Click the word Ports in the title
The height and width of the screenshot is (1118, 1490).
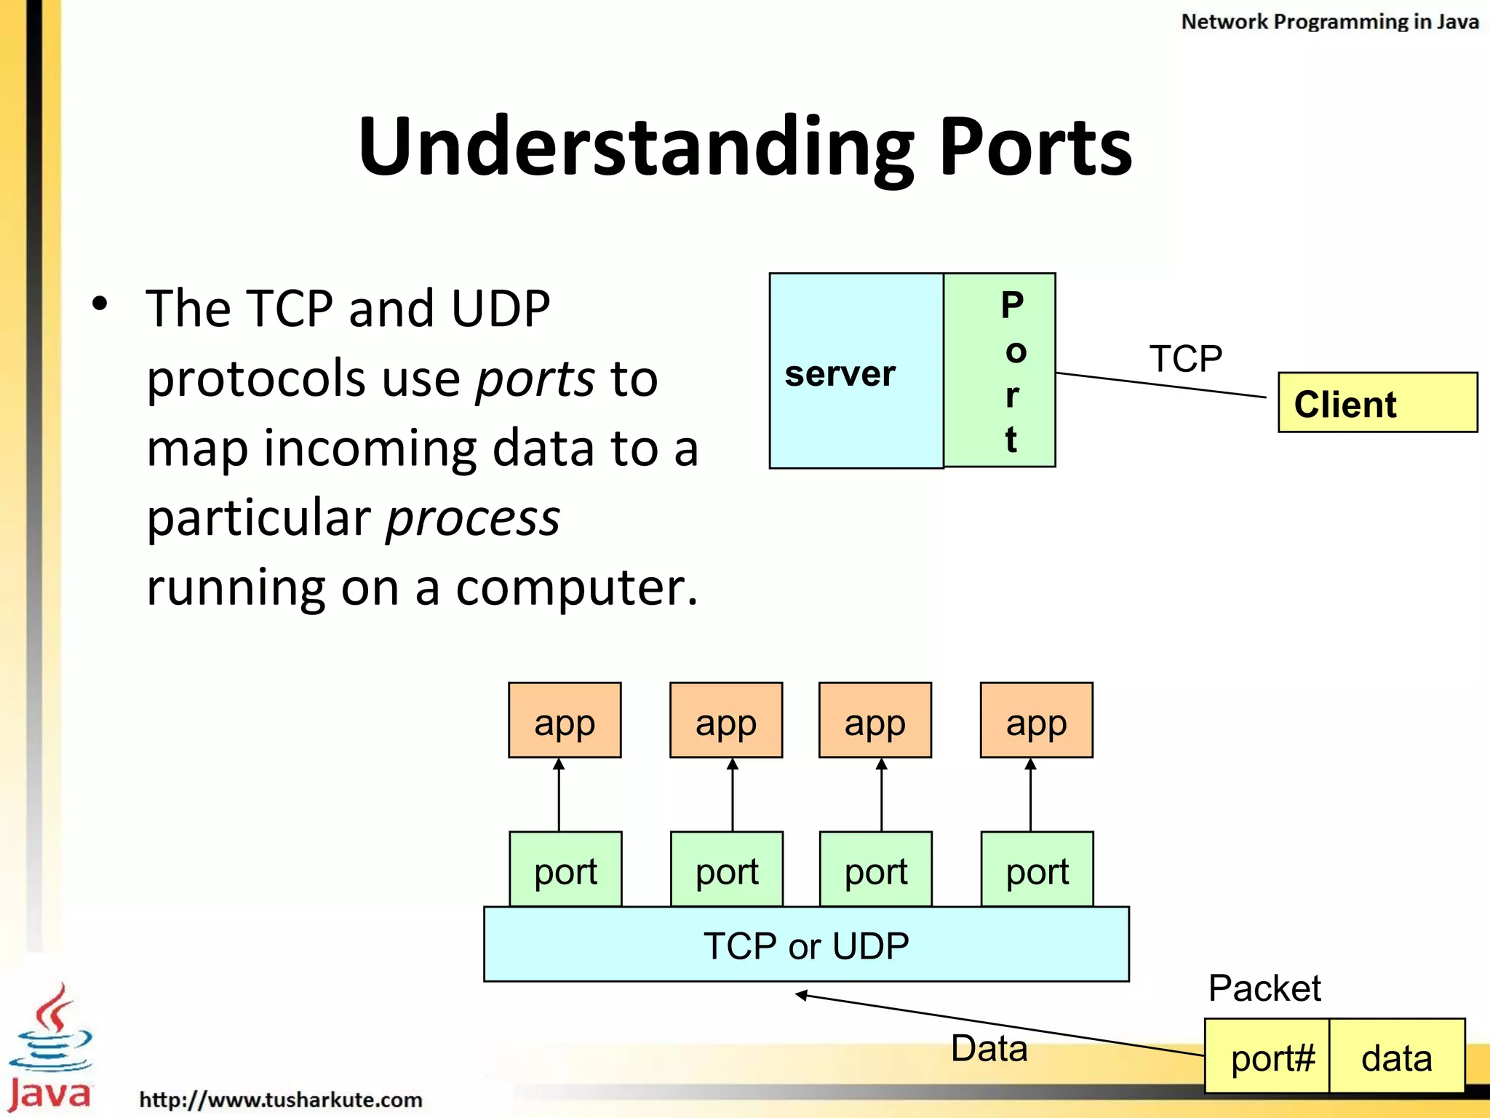click(x=1035, y=147)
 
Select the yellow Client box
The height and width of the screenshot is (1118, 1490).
click(x=1377, y=403)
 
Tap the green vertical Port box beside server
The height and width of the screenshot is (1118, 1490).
click(x=1000, y=370)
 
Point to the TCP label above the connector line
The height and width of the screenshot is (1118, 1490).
click(x=1185, y=359)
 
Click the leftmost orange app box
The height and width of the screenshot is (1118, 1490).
click(x=565, y=721)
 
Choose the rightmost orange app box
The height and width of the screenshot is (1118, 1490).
click(x=1036, y=721)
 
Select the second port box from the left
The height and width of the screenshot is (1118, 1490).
click(x=726, y=870)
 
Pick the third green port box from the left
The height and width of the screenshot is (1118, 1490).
click(x=875, y=870)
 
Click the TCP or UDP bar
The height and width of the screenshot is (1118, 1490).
click(x=806, y=945)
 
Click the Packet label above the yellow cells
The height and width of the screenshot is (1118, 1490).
click(x=1264, y=988)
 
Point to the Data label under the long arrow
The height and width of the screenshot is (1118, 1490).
click(x=989, y=1049)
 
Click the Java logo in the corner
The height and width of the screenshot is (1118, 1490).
click(x=49, y=1048)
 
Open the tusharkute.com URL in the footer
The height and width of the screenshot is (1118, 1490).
click(x=280, y=1099)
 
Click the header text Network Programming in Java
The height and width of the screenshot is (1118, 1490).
click(x=1329, y=22)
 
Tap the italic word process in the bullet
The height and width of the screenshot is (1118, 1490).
click(x=473, y=518)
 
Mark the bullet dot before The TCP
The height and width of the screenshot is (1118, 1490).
click(x=100, y=304)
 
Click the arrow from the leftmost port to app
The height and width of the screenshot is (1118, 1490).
click(x=559, y=795)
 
